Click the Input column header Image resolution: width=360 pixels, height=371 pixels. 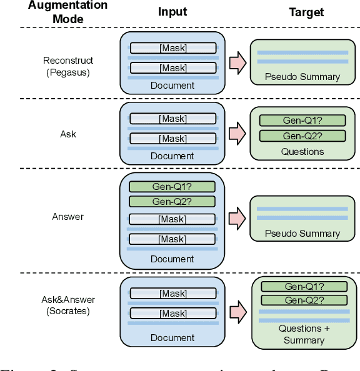[172, 12]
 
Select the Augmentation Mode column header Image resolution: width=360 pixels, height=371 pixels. [68, 11]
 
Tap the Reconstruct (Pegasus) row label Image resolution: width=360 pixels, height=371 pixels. [68, 66]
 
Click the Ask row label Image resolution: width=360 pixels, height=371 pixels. [68, 134]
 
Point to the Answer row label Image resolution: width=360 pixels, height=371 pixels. [68, 217]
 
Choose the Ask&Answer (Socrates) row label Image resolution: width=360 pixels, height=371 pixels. [68, 305]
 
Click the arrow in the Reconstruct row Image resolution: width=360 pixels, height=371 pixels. [238, 62]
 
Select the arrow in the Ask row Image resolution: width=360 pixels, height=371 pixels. [238, 132]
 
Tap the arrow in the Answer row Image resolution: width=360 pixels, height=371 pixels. [238, 218]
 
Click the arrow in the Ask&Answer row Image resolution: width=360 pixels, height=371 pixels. [238, 310]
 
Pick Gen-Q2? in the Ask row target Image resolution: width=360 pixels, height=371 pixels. [302, 136]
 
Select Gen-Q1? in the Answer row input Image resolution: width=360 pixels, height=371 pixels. [172, 186]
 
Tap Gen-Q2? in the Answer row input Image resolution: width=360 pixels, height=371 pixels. [172, 201]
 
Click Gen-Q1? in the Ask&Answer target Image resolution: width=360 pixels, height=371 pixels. [304, 286]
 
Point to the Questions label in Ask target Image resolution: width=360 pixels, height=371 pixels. [302, 151]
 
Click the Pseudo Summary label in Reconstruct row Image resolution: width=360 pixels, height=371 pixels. [302, 77]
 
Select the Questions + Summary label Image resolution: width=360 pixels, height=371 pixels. [304, 334]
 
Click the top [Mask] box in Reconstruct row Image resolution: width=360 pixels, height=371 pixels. [172, 48]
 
